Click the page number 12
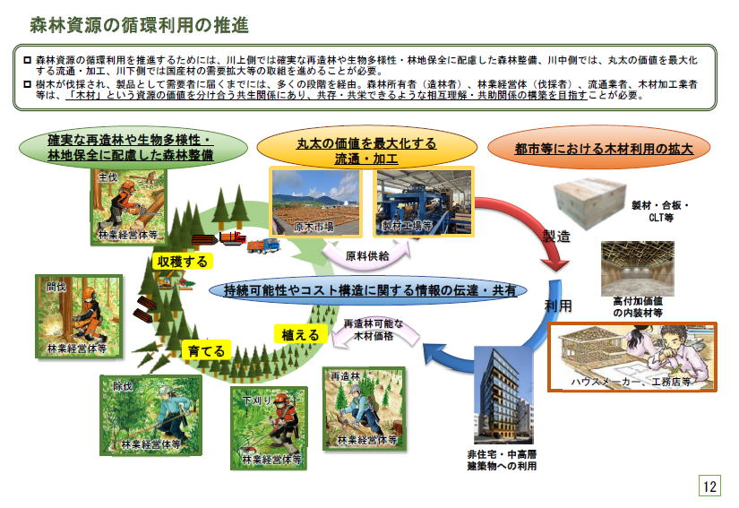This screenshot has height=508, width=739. [709, 486]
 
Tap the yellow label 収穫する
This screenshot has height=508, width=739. [183, 261]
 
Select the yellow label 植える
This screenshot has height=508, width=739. [300, 334]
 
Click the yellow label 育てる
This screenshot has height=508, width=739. [206, 350]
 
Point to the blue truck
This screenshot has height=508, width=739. [263, 245]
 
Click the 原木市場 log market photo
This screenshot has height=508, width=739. [316, 202]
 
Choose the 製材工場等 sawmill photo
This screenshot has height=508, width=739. [424, 202]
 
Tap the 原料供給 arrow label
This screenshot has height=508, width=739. [367, 255]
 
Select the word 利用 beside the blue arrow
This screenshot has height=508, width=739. [558, 306]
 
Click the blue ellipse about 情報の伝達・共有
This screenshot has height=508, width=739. [367, 289]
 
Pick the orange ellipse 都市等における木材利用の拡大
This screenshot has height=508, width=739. [599, 148]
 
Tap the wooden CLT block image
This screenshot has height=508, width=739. [589, 202]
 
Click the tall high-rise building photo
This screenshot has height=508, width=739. [503, 395]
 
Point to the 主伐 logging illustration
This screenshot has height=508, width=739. [129, 207]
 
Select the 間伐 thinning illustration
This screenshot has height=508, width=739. [79, 316]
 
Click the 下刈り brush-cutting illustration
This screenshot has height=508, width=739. [268, 428]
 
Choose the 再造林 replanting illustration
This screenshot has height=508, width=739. [364, 409]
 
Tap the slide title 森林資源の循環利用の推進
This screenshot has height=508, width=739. [140, 25]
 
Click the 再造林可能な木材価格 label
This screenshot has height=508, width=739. [374, 330]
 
